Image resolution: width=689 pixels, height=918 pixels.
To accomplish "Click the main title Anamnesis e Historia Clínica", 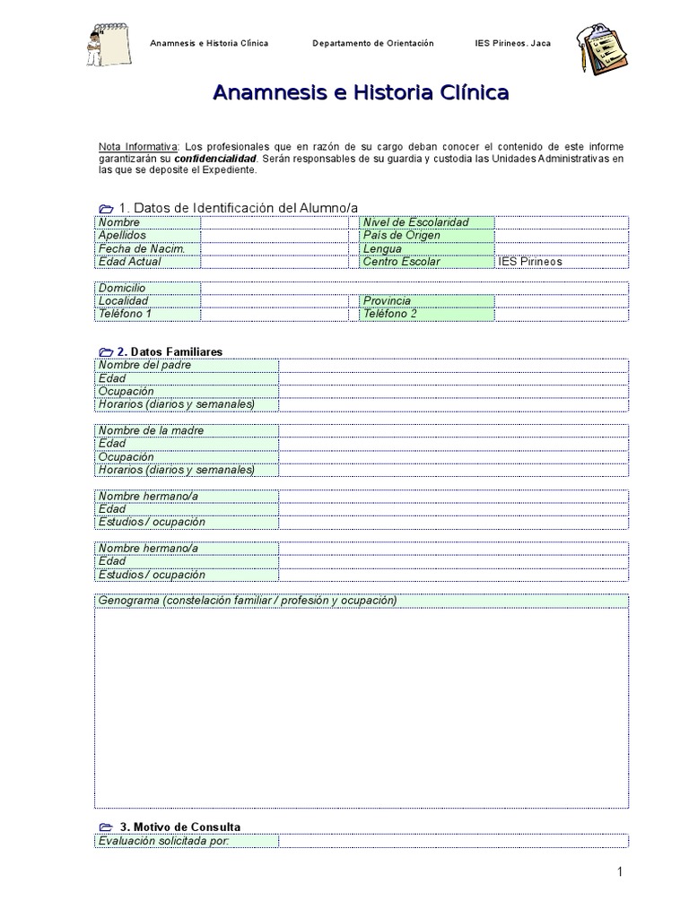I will [361, 92].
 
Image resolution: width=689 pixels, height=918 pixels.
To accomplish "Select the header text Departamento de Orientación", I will [372, 43].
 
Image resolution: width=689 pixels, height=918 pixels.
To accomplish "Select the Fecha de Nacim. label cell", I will [147, 248].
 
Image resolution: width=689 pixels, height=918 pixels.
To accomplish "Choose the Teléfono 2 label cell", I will [425, 314].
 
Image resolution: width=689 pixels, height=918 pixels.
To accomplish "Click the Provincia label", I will [425, 301].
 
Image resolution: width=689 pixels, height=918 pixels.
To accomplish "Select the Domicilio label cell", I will [147, 288].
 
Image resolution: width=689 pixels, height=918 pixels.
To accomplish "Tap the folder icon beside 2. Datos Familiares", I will [105, 352].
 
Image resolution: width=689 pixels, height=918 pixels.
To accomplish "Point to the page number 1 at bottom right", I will [619, 871].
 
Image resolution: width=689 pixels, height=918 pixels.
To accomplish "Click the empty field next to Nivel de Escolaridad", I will [561, 222].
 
